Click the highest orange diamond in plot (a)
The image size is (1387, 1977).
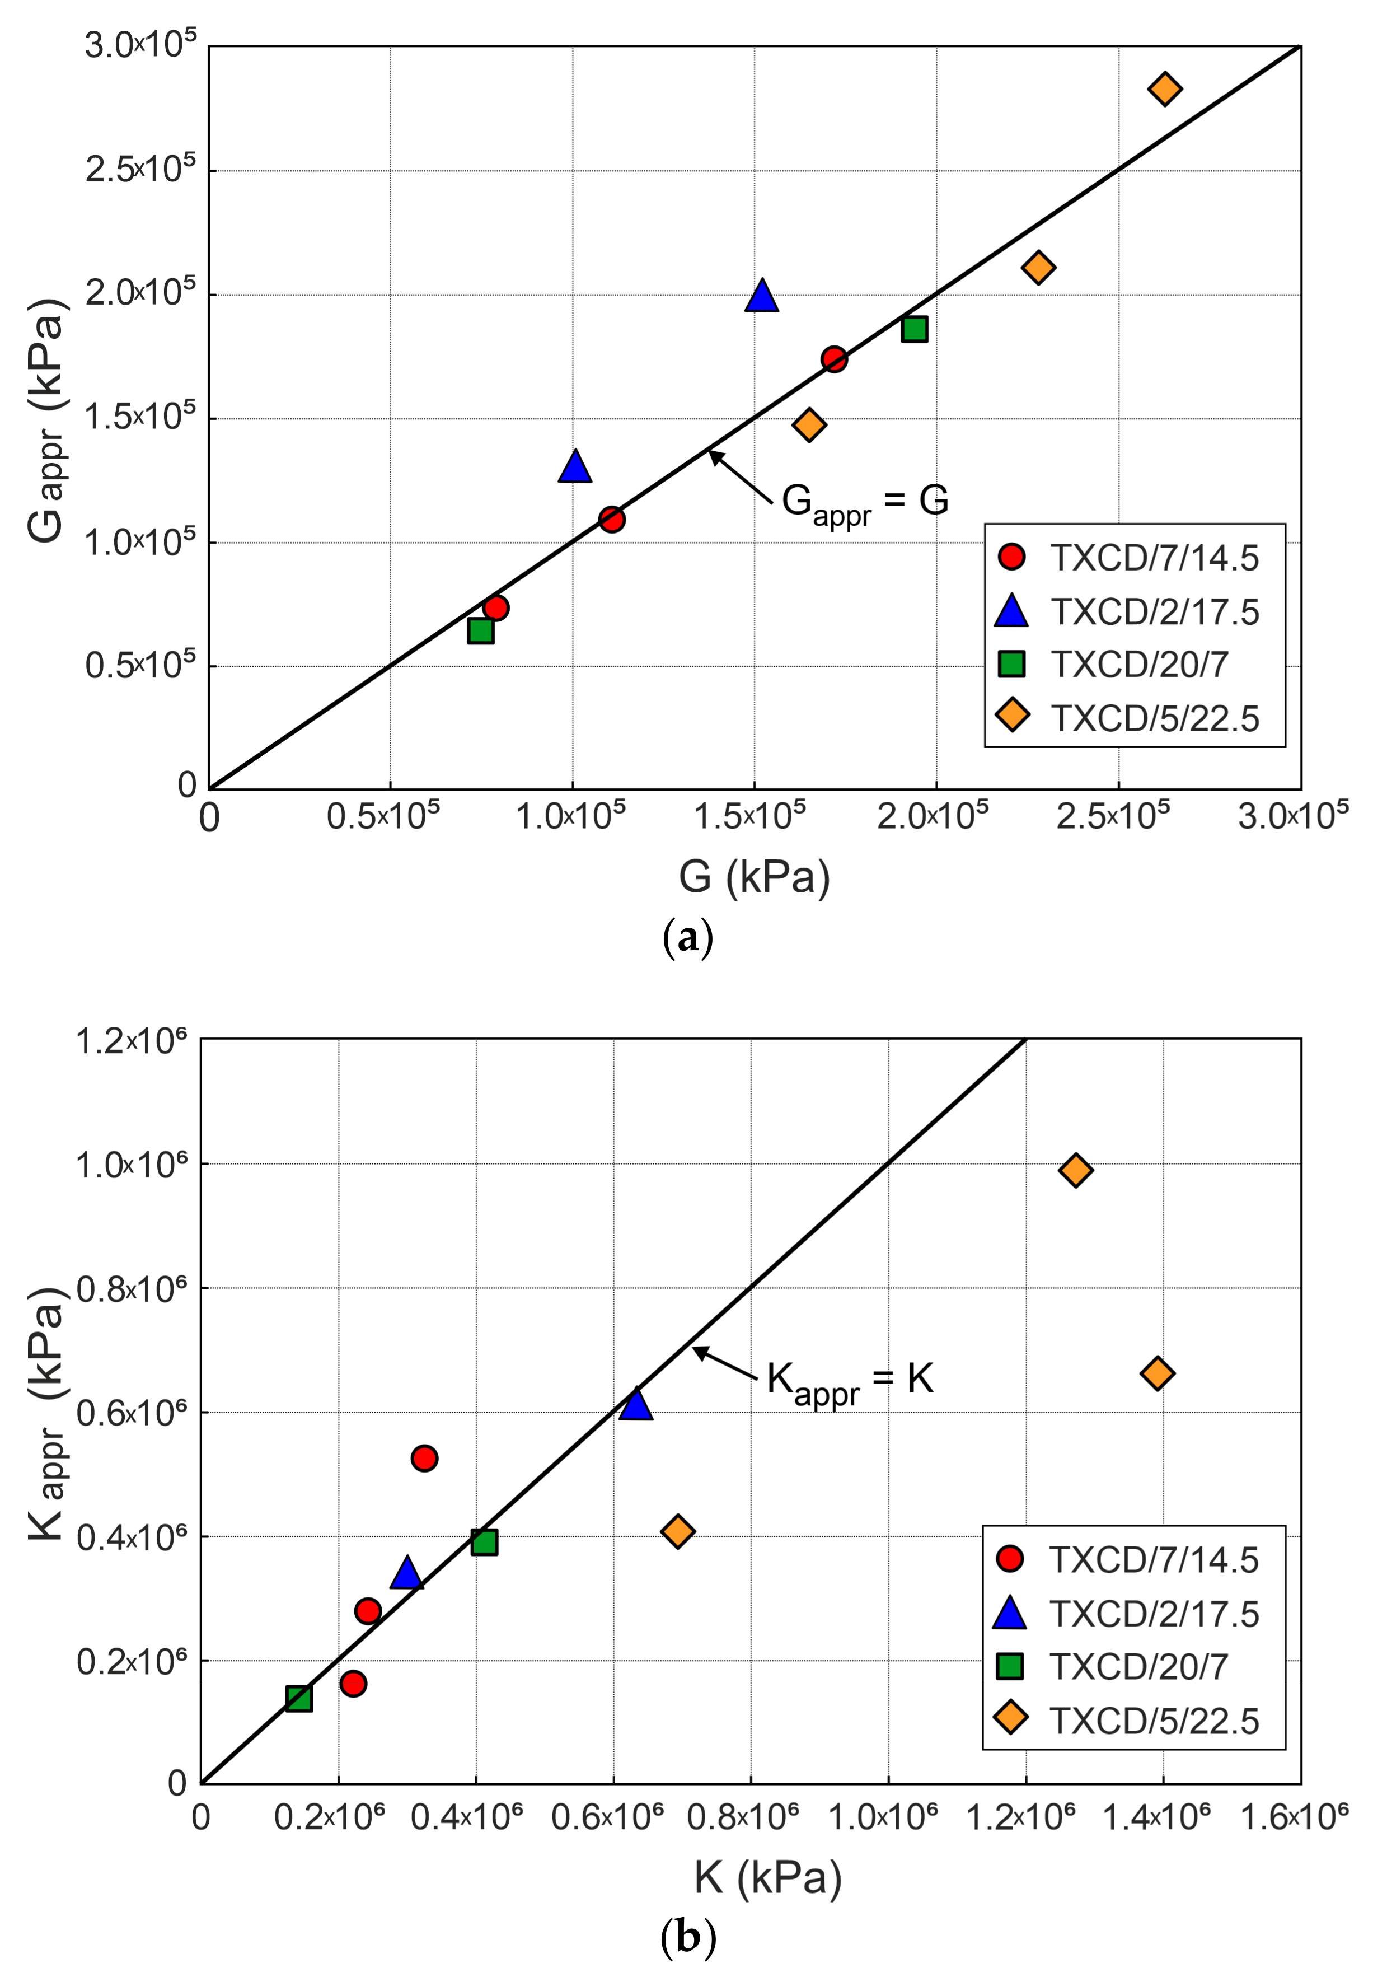point(1164,88)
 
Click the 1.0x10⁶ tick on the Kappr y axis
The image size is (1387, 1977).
point(132,1166)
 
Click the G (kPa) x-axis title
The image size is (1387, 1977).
point(754,877)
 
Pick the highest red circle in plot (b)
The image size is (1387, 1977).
point(424,1458)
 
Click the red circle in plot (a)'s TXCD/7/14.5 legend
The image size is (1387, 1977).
point(1011,557)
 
